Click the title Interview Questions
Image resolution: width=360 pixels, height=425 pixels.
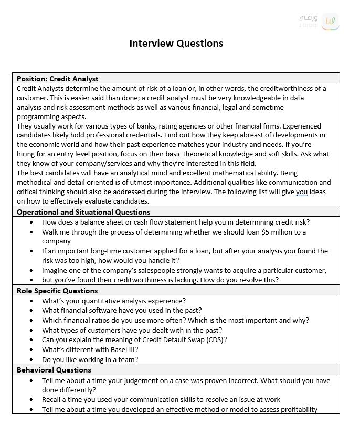(176, 44)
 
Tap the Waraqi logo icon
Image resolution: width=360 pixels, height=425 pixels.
(330, 21)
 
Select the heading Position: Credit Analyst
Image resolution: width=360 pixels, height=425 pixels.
(58, 79)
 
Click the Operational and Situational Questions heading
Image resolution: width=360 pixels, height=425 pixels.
(83, 212)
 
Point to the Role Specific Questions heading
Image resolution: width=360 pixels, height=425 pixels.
(57, 291)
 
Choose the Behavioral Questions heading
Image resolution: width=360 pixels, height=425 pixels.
(54, 370)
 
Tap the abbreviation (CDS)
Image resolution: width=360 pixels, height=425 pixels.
(216, 339)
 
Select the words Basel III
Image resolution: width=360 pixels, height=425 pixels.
(122, 349)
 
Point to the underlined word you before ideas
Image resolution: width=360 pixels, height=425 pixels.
(302, 192)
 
